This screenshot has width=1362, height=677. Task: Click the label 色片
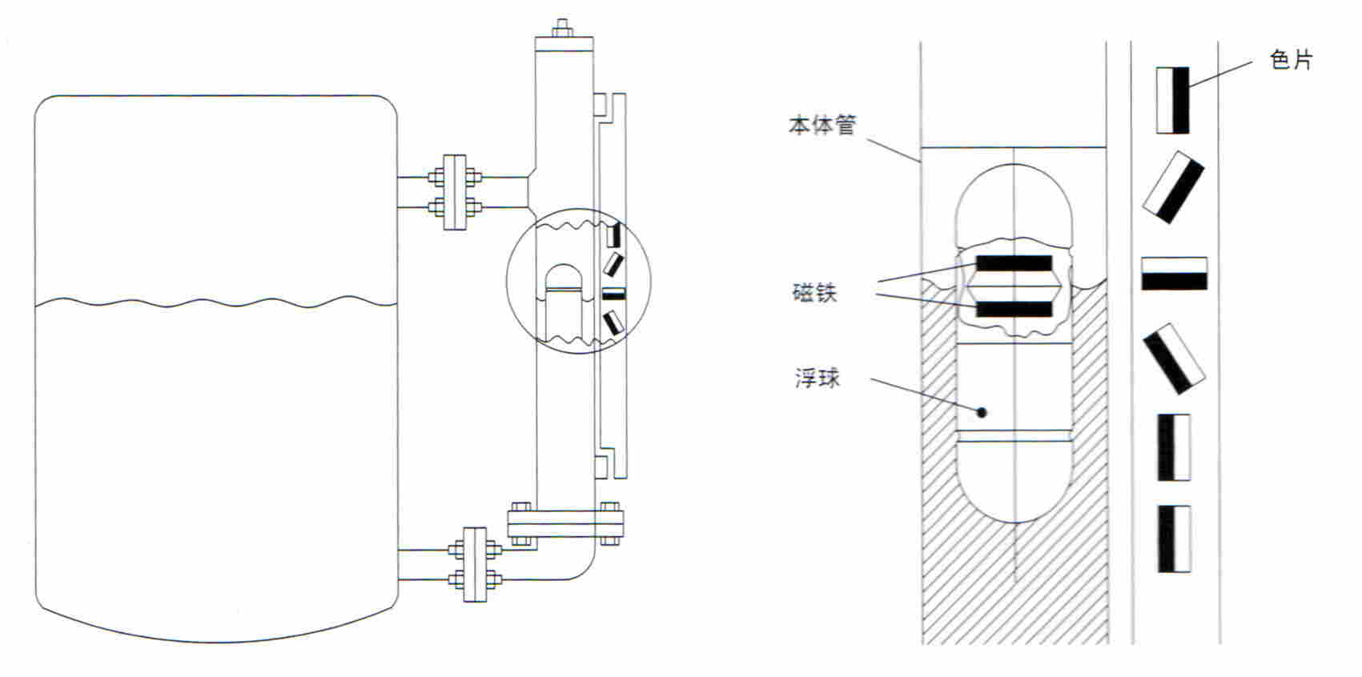click(1291, 60)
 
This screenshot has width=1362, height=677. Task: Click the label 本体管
click(822, 125)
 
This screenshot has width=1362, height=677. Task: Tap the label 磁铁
click(815, 293)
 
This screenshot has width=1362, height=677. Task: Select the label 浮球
click(818, 378)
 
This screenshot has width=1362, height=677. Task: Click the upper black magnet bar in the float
click(1014, 263)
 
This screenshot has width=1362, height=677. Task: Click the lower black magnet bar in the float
click(1014, 309)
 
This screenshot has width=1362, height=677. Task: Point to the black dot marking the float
click(982, 413)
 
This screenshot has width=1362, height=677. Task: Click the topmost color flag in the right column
click(1172, 100)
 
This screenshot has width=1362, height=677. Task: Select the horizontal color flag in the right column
click(1174, 274)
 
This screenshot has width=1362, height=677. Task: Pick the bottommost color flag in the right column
click(1174, 539)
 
